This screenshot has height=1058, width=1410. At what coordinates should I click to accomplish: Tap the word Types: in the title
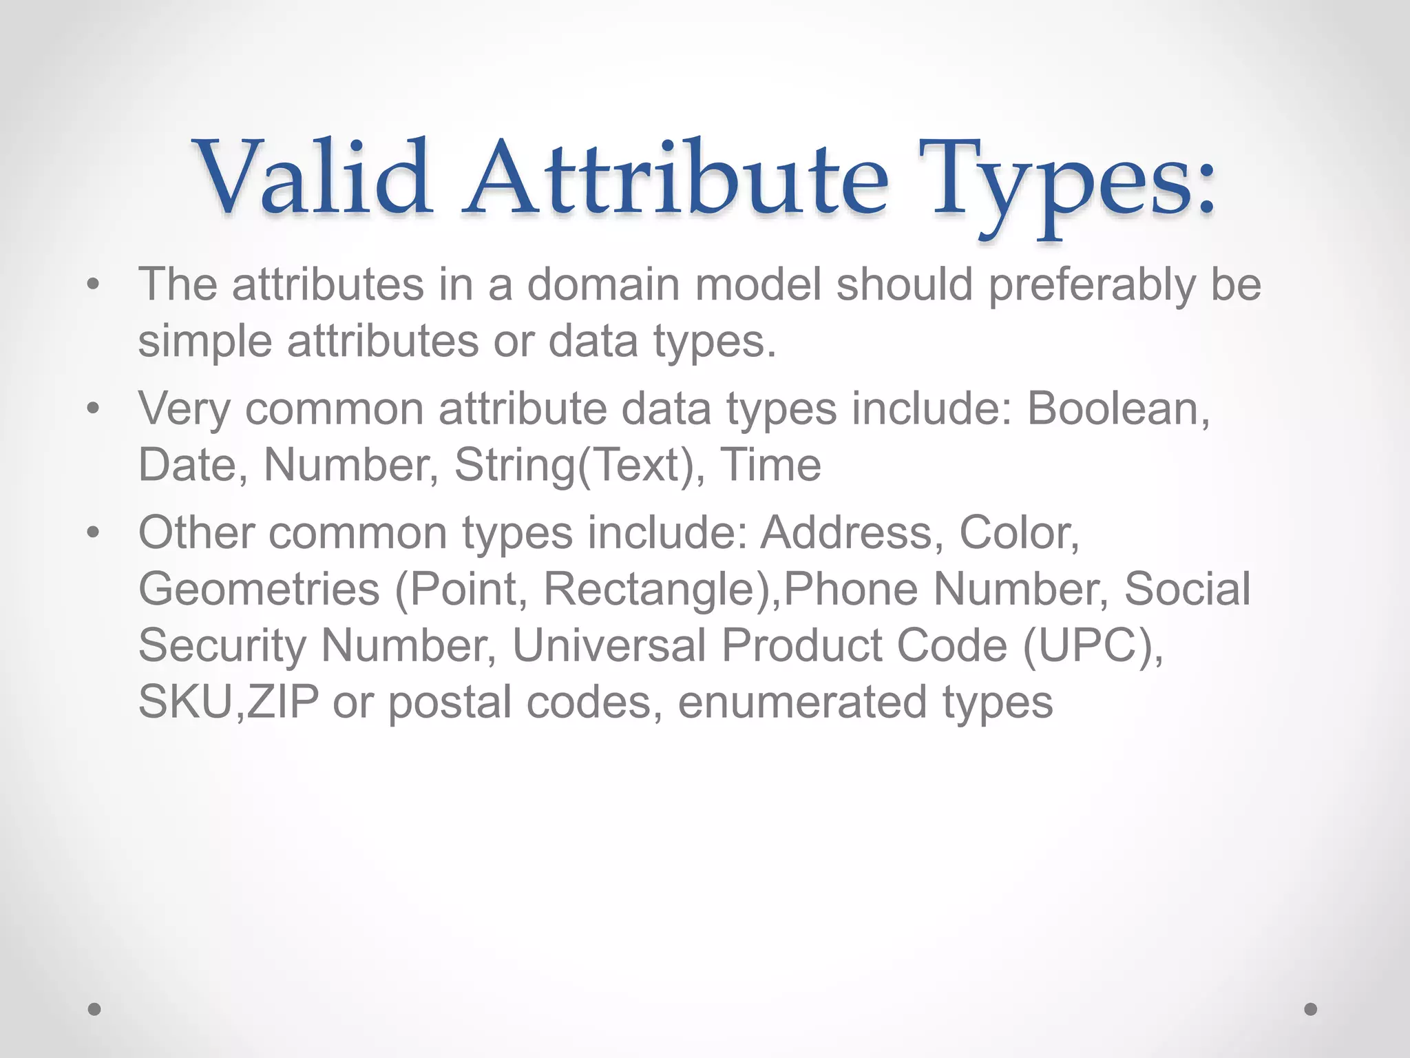pyautogui.click(x=1071, y=183)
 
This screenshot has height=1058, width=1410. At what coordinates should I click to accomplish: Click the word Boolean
pyautogui.click(x=1117, y=408)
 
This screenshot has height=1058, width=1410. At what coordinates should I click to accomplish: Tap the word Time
pyautogui.click(x=770, y=465)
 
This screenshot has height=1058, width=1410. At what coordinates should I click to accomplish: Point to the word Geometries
pyautogui.click(x=259, y=590)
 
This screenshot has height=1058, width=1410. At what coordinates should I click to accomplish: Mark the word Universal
pyautogui.click(x=609, y=645)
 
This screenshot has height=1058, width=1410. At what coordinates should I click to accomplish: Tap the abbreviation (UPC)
pyautogui.click(x=1093, y=647)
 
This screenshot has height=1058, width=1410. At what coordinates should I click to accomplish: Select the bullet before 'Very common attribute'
pyautogui.click(x=94, y=408)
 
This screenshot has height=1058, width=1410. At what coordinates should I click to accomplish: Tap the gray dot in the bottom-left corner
pyautogui.click(x=94, y=1009)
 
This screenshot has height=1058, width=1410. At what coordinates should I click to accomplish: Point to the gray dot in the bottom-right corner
pyautogui.click(x=1311, y=1009)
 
